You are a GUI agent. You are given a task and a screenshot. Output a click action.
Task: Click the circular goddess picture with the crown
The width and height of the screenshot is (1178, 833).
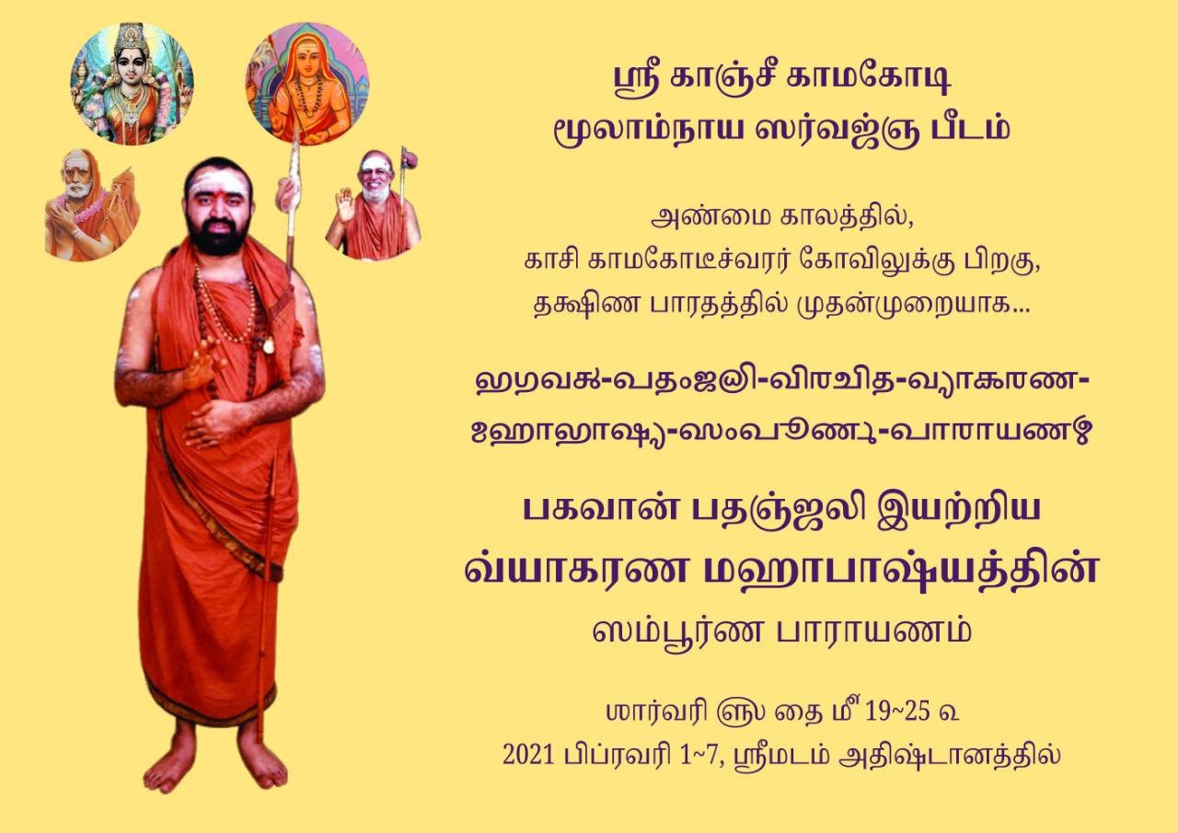[132, 84]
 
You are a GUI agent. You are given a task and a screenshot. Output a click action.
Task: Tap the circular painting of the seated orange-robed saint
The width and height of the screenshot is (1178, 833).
[307, 84]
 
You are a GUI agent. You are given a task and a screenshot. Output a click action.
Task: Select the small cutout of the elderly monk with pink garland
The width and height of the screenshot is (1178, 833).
[90, 205]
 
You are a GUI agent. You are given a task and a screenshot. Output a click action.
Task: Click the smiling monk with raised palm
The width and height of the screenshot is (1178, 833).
[374, 205]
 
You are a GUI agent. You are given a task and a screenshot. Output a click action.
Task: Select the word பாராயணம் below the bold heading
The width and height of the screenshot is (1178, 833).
[873, 631]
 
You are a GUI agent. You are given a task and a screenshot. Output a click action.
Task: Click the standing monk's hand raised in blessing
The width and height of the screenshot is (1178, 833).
[204, 362]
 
